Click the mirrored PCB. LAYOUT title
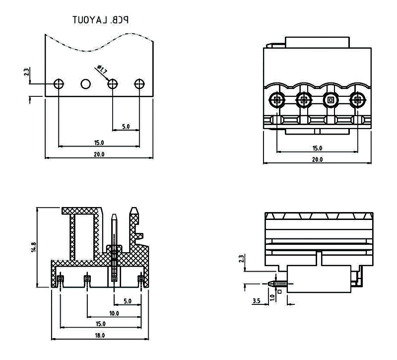click(101, 20)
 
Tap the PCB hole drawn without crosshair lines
click(86, 84)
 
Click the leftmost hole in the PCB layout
click(59, 84)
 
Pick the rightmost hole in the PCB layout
click(139, 84)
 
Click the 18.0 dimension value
click(100, 336)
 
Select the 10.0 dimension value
click(114, 313)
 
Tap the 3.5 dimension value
click(257, 301)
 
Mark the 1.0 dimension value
click(271, 297)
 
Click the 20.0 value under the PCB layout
click(99, 154)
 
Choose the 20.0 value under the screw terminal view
click(317, 159)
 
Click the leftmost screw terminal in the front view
click(276, 100)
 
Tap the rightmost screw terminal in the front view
click(357, 100)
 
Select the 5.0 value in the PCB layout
click(126, 127)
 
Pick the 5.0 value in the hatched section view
click(127, 301)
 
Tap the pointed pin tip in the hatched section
click(114, 217)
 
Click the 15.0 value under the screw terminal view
click(317, 148)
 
